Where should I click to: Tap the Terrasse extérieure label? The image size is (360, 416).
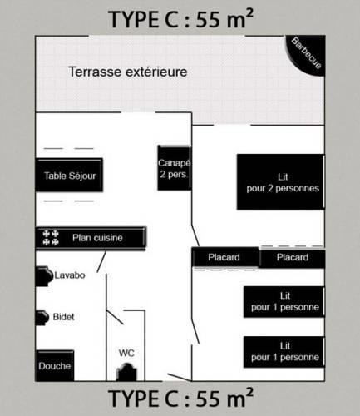pos(128,72)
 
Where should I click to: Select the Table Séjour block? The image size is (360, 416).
pos(69,175)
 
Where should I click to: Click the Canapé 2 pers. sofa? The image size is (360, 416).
pos(175,168)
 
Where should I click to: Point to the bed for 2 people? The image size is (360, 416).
pos(280,182)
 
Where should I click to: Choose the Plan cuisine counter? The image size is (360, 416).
pos(91,238)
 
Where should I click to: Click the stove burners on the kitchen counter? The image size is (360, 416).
pos(51,238)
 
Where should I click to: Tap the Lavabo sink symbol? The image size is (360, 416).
pos(44,276)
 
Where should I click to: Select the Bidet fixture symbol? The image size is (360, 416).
pos(42,318)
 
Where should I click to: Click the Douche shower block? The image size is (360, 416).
pos(55,366)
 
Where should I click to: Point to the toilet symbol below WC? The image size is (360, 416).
pos(126,372)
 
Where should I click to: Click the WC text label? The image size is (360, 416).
pos(126,353)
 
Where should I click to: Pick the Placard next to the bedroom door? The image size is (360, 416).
pos(225,257)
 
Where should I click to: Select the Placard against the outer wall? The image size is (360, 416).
pos(293,258)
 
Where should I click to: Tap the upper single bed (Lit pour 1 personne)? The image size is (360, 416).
pos(284,302)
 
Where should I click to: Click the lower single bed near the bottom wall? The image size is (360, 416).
pos(284,352)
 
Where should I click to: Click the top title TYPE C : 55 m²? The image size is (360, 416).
pos(180,19)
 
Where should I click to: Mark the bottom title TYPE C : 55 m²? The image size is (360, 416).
pos(180,398)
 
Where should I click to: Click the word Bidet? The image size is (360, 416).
pos(63,317)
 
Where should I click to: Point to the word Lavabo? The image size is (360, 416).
pos(70,275)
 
